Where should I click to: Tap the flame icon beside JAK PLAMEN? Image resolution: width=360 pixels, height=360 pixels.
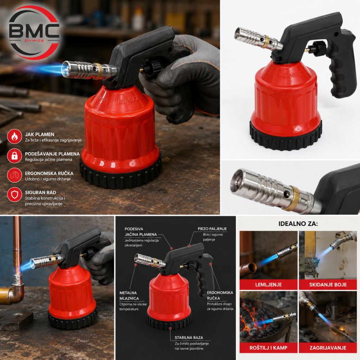(x=14, y=136)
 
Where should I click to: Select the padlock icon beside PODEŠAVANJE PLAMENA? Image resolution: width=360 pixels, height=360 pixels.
(x=14, y=156)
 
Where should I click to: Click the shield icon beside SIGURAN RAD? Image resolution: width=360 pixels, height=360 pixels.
(x=14, y=195)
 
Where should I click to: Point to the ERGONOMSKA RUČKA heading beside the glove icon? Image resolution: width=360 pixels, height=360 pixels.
(x=49, y=174)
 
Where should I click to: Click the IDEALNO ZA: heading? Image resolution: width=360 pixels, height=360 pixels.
(x=298, y=224)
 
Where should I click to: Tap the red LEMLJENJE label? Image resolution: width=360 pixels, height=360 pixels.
(x=269, y=285)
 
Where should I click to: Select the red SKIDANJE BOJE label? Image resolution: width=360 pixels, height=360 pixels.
(x=328, y=285)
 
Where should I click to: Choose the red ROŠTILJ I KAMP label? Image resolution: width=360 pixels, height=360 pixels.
(x=269, y=348)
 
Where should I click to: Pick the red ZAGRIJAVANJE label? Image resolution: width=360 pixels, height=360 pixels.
(x=328, y=348)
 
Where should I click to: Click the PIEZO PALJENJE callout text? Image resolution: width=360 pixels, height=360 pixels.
(x=212, y=229)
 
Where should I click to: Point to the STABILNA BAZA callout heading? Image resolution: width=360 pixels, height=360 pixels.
(x=189, y=338)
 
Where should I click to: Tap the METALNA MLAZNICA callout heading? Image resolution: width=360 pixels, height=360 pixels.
(x=129, y=296)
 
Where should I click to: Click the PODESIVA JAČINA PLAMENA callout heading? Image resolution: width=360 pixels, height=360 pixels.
(x=140, y=231)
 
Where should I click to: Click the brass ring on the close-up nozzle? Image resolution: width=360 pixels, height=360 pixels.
(x=292, y=198)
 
